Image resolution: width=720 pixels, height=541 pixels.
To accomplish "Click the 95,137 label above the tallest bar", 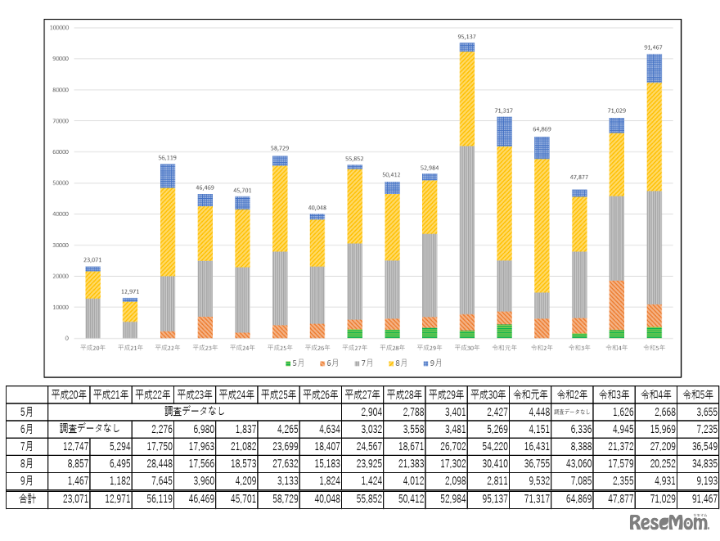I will pyautogui.click(x=466, y=37).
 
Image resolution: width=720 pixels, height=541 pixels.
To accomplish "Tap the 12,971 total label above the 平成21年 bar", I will pyautogui.click(x=130, y=292).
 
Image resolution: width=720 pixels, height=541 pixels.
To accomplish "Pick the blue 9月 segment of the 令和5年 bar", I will pyautogui.click(x=654, y=69).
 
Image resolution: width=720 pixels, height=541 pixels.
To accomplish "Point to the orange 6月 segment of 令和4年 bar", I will pyautogui.click(x=616, y=305).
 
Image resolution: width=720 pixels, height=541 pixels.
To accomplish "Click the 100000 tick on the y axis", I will pyautogui.click(x=58, y=28).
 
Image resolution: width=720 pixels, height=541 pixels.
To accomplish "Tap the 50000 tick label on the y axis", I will pyautogui.click(x=60, y=183).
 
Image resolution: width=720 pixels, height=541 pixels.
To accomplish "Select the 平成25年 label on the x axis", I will pyautogui.click(x=280, y=347).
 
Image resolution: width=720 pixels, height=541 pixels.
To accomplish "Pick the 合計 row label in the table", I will pyautogui.click(x=27, y=498).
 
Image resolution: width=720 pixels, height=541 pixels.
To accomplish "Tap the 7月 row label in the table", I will pyautogui.click(x=27, y=445).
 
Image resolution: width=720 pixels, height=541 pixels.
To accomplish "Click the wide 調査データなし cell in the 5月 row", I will pyautogui.click(x=195, y=411).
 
